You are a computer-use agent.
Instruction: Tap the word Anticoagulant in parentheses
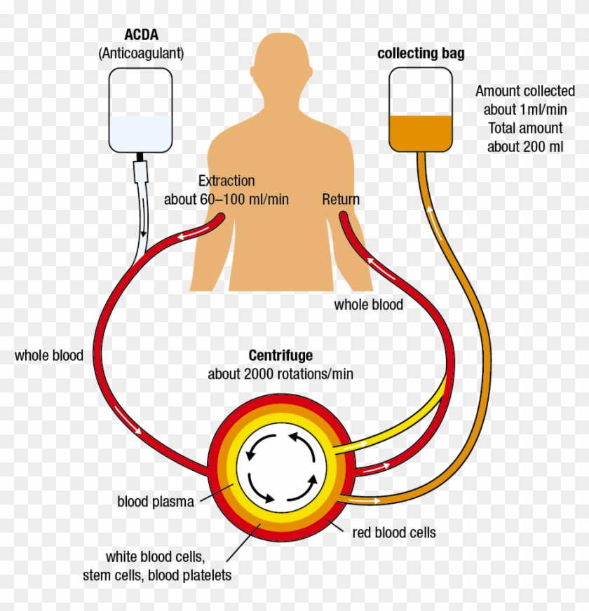tap(140, 53)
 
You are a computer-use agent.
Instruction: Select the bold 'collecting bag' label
tap(421, 53)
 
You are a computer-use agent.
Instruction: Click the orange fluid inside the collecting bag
tap(421, 132)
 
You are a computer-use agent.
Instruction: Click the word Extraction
tap(226, 181)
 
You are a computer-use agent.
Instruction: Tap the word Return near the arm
tap(341, 199)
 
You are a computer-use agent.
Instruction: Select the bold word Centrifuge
tap(280, 355)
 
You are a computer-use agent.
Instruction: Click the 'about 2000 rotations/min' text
tap(280, 373)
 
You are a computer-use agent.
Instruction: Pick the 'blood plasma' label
tap(156, 502)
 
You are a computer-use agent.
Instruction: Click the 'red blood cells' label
tap(393, 533)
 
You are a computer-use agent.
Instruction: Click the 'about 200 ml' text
tap(525, 146)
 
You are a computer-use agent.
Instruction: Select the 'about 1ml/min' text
tap(525, 109)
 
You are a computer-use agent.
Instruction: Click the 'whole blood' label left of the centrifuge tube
tap(49, 355)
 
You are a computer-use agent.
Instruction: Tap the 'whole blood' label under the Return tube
tap(369, 304)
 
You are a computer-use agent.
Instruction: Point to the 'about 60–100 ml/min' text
tap(226, 200)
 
